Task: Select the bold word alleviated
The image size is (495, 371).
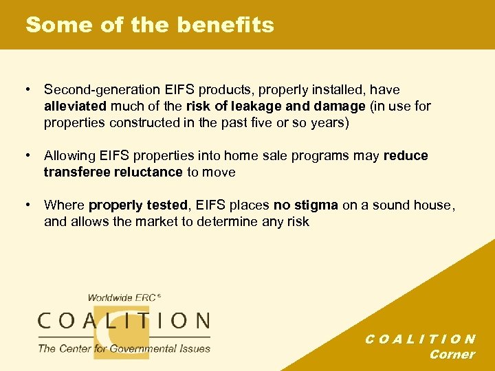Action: pos(76,106)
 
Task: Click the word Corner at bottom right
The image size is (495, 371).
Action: pos(452,355)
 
